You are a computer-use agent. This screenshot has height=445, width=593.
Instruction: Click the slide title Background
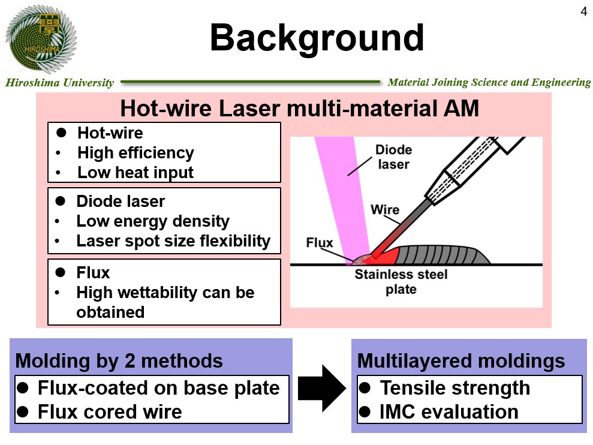tap(317, 38)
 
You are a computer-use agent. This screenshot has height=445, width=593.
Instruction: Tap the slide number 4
tap(583, 12)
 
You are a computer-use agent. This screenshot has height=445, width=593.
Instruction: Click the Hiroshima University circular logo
tap(41, 38)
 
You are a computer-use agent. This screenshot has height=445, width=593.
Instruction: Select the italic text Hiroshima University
tap(59, 83)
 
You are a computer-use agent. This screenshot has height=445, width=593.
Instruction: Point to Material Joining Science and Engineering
tap(489, 83)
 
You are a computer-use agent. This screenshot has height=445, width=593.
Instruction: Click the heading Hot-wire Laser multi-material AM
tap(300, 108)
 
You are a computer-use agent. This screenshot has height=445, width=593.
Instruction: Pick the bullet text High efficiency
tap(136, 153)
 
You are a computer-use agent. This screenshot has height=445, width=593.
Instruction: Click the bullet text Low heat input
tap(136, 173)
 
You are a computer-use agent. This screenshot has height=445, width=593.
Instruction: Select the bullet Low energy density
tap(153, 221)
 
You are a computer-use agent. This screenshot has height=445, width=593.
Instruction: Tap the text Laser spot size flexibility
tap(174, 241)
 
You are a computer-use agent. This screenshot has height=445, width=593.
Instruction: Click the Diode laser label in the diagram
tap(394, 157)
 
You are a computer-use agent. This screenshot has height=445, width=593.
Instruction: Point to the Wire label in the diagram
tap(385, 209)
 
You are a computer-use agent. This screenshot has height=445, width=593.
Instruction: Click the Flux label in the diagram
tap(320, 242)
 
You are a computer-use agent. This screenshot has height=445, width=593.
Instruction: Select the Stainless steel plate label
tap(401, 281)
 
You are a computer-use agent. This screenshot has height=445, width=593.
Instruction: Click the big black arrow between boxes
tap(322, 389)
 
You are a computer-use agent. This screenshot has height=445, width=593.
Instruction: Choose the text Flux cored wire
tap(110, 411)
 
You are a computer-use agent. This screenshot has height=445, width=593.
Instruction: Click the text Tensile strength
tap(455, 388)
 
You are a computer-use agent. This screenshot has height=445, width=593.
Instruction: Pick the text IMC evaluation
tap(449, 411)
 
